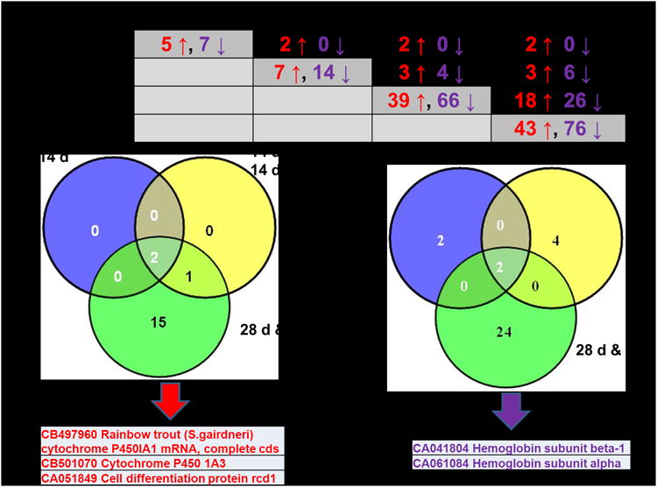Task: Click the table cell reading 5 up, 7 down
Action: [194, 43]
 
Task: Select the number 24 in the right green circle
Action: [501, 332]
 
